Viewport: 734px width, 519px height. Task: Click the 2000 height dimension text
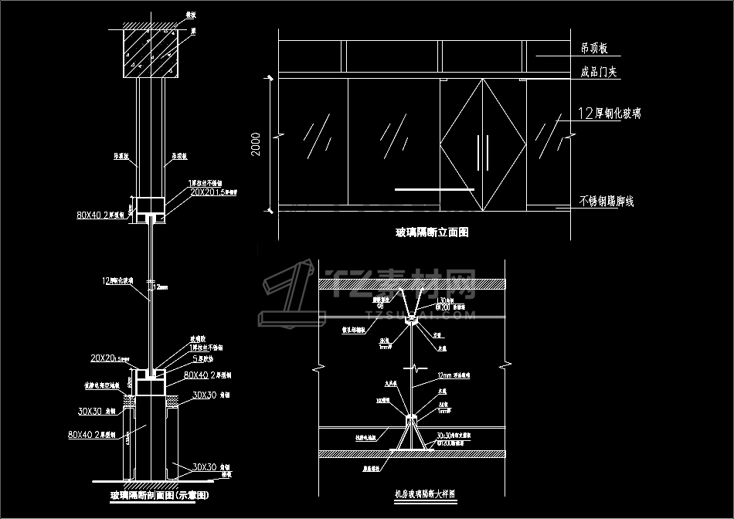pyautogui.click(x=257, y=144)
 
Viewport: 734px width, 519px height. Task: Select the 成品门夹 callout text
pyautogui.click(x=597, y=73)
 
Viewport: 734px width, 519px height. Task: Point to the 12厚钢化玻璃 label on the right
pyautogui.click(x=609, y=114)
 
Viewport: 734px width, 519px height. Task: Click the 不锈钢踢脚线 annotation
pyautogui.click(x=606, y=202)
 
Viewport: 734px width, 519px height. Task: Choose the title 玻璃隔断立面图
pyautogui.click(x=432, y=232)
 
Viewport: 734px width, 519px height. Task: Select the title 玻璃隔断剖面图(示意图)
pyautogui.click(x=160, y=494)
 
